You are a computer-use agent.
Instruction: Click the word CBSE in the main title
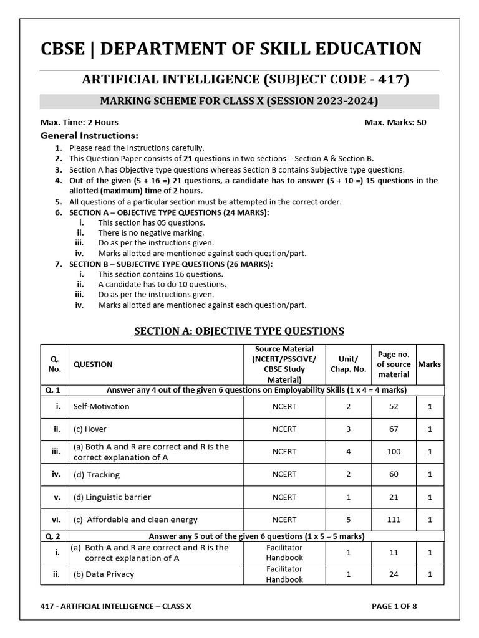pos(62,49)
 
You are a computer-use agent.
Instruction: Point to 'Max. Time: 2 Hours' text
pos(79,122)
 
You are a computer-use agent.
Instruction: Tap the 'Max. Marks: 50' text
pos(395,122)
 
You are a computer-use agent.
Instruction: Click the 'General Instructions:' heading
pos(89,135)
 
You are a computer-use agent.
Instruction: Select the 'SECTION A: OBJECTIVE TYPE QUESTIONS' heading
pos(239,331)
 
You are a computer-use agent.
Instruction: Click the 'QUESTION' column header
pos(93,364)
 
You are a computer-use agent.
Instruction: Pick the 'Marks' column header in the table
pos(429,364)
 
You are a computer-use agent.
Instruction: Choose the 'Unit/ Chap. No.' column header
pos(348,364)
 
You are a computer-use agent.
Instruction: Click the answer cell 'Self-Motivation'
pos(101,406)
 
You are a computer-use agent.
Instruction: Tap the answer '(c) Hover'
pos(90,429)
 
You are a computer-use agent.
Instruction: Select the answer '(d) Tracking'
pos(96,474)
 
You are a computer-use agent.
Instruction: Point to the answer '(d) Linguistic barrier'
pos(112,497)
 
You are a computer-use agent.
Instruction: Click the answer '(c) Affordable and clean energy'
pos(135,520)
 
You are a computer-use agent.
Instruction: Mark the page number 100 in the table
pos(394,452)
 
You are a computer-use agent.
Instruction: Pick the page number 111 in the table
pos(394,520)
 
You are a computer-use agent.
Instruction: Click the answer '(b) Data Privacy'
pos(104,574)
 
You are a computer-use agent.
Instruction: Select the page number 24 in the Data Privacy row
pos(394,574)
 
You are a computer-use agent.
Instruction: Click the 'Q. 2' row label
pos(54,536)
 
